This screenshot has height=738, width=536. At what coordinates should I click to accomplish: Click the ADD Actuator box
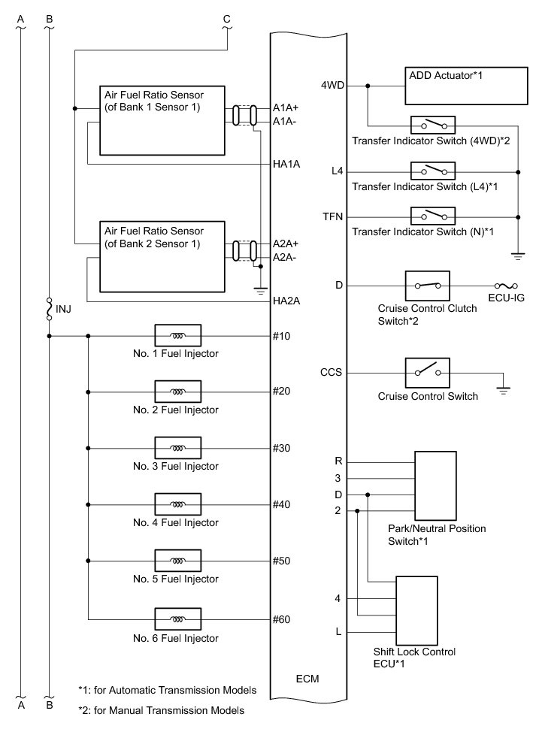point(462,86)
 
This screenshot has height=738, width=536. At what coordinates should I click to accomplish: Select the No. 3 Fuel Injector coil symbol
point(177,448)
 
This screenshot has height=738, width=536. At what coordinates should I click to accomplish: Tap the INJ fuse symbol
point(50,308)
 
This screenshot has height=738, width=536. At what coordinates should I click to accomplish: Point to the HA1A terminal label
point(287,164)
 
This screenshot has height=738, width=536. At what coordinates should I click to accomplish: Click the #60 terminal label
point(282,619)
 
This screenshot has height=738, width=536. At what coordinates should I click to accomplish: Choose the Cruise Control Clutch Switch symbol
point(428,286)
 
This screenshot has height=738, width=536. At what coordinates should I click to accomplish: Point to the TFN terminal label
point(332,217)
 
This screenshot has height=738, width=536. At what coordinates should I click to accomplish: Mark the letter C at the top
point(227,19)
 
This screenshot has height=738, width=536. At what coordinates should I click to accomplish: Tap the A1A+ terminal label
point(286,109)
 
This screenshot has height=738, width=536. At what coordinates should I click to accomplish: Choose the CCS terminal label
point(332,372)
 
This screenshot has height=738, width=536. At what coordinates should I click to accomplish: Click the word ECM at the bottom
point(307,679)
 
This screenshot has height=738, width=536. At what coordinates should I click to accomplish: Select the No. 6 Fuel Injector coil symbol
point(177,619)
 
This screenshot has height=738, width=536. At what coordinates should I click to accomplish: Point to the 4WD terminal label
point(332,86)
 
